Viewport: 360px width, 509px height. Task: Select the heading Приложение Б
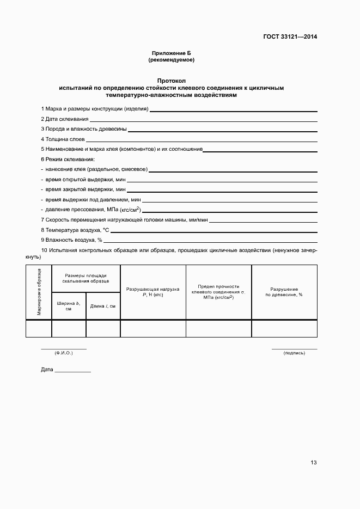(x=171, y=53)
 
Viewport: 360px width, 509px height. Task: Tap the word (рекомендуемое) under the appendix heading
(x=171, y=60)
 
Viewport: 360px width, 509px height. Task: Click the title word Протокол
(x=171, y=80)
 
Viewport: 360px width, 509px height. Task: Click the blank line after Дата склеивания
(x=203, y=119)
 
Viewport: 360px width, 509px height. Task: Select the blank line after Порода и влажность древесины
(x=222, y=129)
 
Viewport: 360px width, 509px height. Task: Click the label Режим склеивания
(x=68, y=159)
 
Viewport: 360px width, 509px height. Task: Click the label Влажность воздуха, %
(x=71, y=240)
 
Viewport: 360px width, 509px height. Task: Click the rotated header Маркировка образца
(x=39, y=292)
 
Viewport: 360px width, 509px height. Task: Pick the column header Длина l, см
(x=103, y=306)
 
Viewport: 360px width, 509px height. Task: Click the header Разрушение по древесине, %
(x=284, y=291)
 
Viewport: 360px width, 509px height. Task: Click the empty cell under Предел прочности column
(x=218, y=328)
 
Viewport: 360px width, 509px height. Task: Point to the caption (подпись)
(x=294, y=353)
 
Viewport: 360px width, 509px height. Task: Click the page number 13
(x=313, y=463)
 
